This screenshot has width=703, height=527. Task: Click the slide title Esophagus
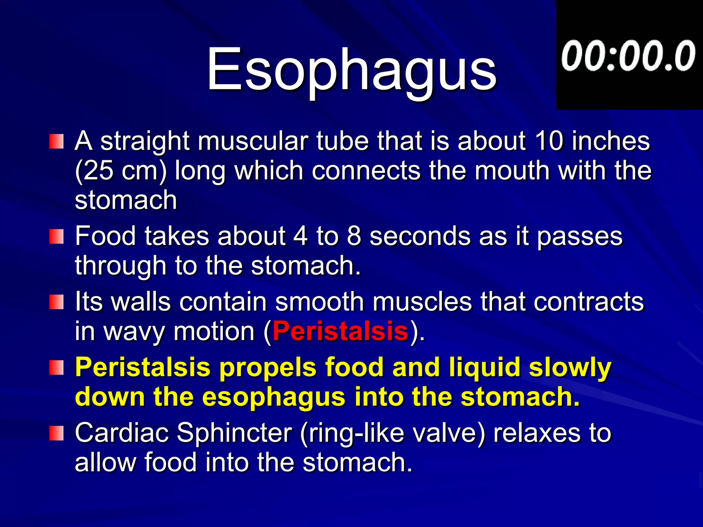(351, 70)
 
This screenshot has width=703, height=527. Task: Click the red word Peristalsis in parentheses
(341, 331)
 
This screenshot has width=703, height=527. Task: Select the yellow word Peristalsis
(142, 367)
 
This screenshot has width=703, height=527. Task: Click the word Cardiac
(122, 433)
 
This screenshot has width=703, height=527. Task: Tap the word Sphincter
(234, 433)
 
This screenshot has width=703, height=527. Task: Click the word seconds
(420, 237)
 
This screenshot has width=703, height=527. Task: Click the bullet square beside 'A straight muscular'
(56, 141)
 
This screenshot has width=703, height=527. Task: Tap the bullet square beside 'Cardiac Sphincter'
(56, 433)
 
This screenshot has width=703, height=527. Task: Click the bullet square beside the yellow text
(56, 367)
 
